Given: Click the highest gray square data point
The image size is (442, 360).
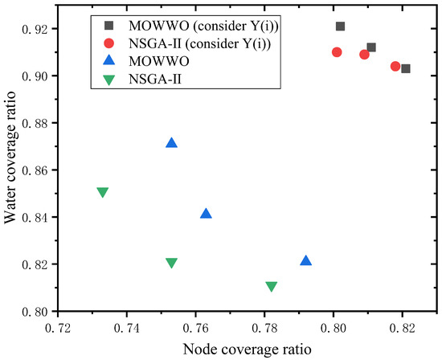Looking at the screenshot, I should coord(340,27).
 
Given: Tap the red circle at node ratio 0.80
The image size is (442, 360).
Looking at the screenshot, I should coord(337,52).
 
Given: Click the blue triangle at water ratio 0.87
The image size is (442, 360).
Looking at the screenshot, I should coord(171,143).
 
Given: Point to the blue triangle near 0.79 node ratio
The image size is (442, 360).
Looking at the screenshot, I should coord(305,260).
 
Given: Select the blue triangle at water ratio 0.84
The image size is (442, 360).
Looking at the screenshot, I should coord(206,214).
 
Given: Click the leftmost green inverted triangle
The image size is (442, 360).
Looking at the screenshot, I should coord(102,192).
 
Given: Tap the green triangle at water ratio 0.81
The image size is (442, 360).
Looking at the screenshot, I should coord(271,286).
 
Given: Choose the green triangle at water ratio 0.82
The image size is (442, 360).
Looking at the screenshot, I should coord(171,263).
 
